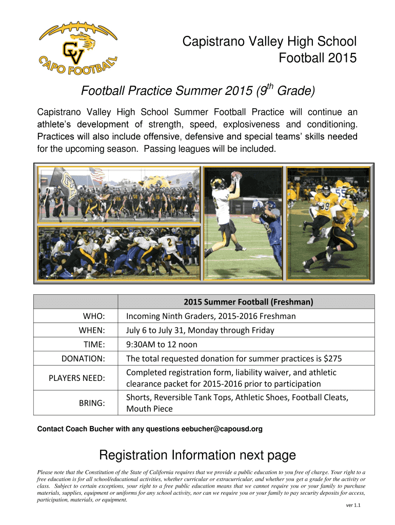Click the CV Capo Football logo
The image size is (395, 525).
tap(78, 48)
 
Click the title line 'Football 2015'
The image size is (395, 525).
tap(317, 58)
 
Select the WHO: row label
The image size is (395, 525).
tap(94, 316)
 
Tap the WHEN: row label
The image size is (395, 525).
tap(92, 330)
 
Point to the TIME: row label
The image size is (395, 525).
tap(94, 345)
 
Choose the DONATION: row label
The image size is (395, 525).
tap(83, 358)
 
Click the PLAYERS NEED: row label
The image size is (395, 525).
tap(77, 378)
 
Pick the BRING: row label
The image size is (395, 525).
tap(92, 403)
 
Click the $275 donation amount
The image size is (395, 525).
tap(333, 358)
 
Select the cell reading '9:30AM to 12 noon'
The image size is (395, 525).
tap(162, 345)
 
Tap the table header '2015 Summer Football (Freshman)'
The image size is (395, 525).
tap(248, 302)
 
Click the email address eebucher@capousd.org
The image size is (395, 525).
tap(222, 429)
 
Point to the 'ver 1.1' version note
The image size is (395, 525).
tap(353, 505)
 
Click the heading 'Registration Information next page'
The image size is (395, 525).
tap(197, 455)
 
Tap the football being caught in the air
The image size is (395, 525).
tap(237, 175)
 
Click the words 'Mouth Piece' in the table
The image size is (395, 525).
tap(149, 409)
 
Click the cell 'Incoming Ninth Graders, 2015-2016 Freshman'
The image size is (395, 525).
tap(211, 316)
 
